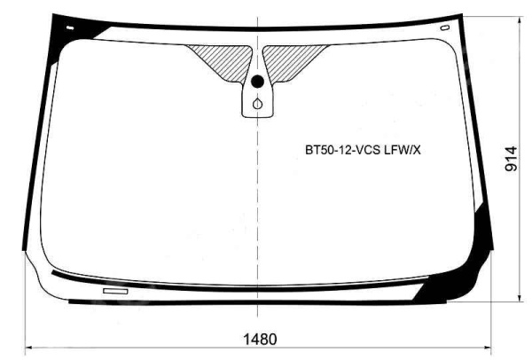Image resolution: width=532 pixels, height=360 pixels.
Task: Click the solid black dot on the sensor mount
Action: (x=257, y=81)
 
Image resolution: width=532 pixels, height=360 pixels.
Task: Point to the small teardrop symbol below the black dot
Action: (x=257, y=104)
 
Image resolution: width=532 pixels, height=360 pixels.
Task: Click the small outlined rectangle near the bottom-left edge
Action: (x=115, y=291)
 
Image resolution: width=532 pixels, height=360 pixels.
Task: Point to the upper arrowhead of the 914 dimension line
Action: (x=520, y=20)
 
